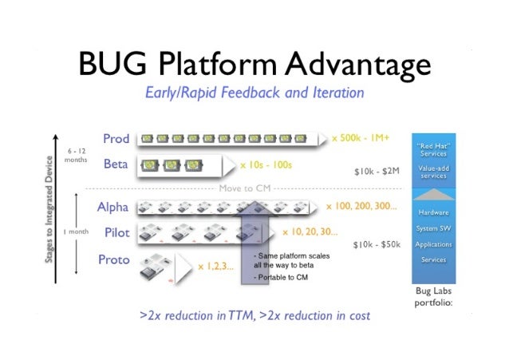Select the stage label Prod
[116, 139]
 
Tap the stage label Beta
[116, 165]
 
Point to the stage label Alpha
[112, 208]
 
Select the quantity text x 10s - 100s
[266, 165]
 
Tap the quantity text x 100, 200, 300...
[361, 207]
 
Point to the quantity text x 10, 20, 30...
[310, 232]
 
